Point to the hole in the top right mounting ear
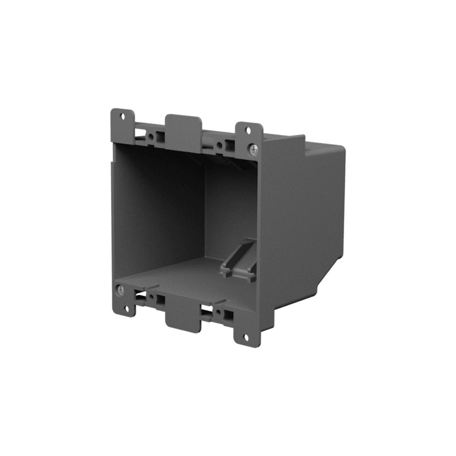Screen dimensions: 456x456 pos(249,130)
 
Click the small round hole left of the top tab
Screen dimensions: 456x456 pos(152,136)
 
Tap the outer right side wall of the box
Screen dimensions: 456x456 pos(296,213)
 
